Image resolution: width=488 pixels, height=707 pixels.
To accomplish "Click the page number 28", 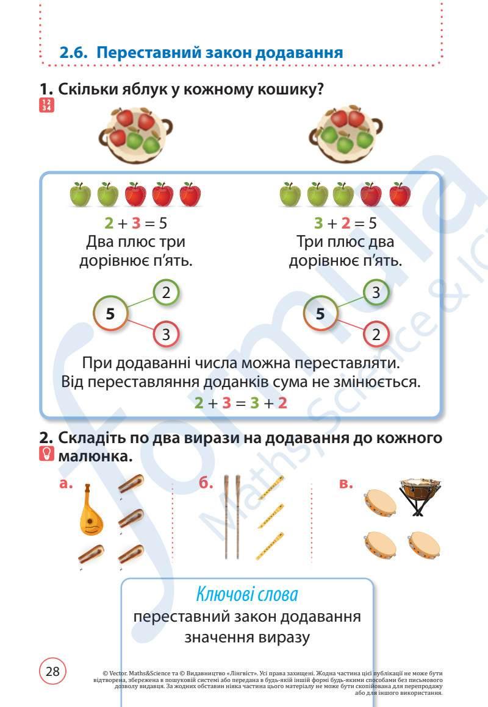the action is tap(52, 672).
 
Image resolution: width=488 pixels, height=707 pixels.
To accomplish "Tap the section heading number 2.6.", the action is tap(74, 53).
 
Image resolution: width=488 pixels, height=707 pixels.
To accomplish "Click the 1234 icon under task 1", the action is tap(46, 105).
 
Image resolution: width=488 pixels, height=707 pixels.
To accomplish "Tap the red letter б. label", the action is tap(206, 484).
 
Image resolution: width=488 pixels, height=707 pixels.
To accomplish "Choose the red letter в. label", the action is tap(346, 484).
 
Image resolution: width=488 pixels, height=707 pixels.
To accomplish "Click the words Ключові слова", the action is tap(247, 592).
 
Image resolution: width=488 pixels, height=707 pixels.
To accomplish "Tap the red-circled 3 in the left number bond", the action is tap(166, 334).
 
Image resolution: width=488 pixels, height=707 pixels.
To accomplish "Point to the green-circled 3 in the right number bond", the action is tap(376, 293).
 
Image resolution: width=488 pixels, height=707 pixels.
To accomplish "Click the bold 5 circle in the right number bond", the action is tap(321, 314).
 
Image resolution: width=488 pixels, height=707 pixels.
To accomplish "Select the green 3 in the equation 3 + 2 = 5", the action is tap(318, 222).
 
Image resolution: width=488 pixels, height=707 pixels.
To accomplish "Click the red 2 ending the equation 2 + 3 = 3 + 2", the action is tap(282, 403).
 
